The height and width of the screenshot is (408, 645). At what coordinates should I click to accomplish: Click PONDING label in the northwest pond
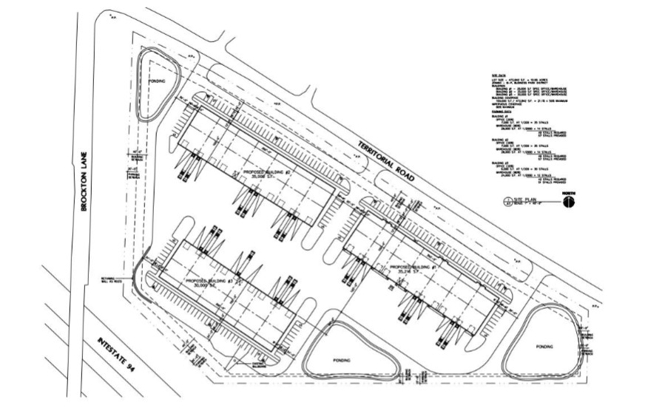click(x=156, y=80)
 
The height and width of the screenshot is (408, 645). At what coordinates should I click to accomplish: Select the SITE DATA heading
click(x=496, y=76)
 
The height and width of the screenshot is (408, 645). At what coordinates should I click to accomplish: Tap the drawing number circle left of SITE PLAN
click(x=507, y=201)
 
